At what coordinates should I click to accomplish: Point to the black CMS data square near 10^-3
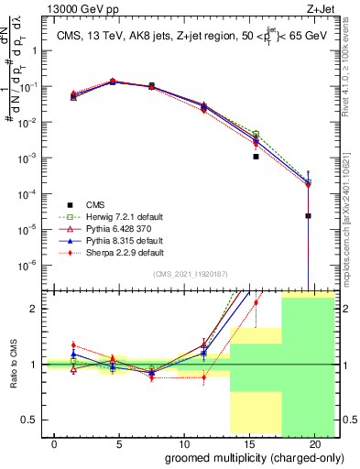pos(256,157)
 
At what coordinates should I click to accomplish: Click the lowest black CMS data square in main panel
pos(309,216)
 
